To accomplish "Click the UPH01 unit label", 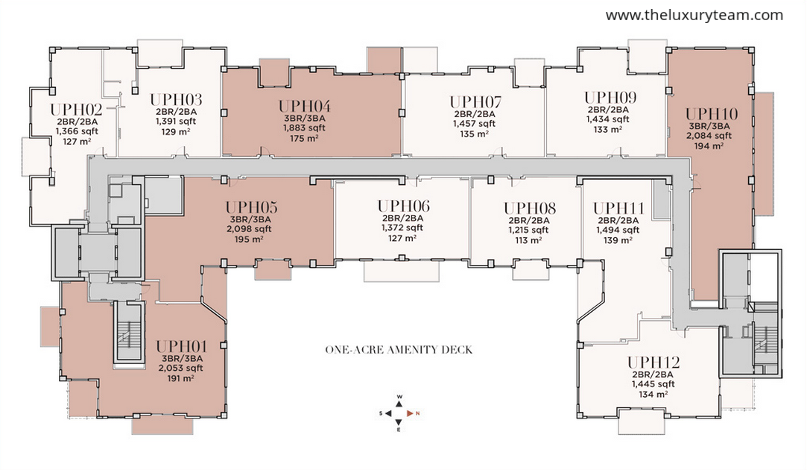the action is pos(181,347).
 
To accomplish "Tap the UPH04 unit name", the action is pos(305,106).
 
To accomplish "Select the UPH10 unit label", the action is pos(712,114).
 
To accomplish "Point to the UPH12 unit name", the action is pos(653,363).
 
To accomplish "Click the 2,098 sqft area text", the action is pos(249,229).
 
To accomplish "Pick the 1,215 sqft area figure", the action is pos(528,231).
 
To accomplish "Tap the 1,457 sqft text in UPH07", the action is pos(474,124).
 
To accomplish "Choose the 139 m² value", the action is pos(618,240).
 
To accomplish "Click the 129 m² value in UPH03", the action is pos(176,131).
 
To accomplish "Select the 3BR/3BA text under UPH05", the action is pos(250,219).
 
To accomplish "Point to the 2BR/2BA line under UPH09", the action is pos(608,110).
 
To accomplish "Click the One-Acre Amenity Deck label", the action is pos(399,350).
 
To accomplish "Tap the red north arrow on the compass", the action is pos(410,413).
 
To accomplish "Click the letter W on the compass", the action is pos(399,397).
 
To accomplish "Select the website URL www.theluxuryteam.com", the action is pos(694,16).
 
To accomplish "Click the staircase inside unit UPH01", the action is pos(128,333).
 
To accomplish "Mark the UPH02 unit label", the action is pos(76,110).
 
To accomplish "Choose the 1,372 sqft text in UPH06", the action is pos(402,228).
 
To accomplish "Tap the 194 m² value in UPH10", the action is pos(709,145).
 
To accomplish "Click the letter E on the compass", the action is pos(399,430).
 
